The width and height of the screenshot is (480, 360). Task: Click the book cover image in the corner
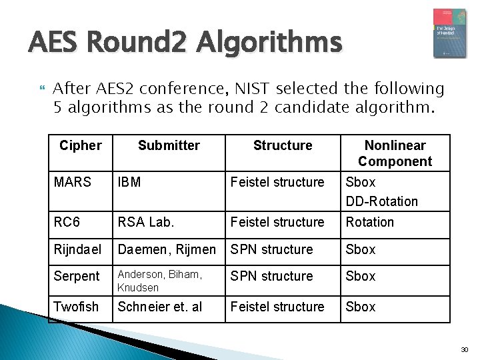pyautogui.click(x=449, y=33)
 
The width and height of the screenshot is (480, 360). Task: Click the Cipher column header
pyautogui.click(x=81, y=145)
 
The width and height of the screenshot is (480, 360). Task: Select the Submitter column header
pyautogui.click(x=169, y=145)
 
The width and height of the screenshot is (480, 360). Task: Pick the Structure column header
pyautogui.click(x=283, y=145)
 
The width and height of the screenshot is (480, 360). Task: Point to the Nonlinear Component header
pyautogui.click(x=395, y=153)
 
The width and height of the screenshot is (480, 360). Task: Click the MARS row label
pyautogui.click(x=72, y=182)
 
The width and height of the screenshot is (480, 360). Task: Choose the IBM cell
pyautogui.click(x=129, y=182)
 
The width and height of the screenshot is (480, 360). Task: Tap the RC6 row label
pyautogui.click(x=67, y=222)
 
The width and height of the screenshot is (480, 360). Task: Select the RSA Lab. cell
pyautogui.click(x=146, y=222)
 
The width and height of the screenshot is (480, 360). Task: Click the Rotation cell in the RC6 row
pyautogui.click(x=370, y=222)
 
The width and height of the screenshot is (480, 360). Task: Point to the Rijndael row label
pyautogui.click(x=78, y=249)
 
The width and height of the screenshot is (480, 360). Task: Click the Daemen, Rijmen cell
pyautogui.click(x=167, y=249)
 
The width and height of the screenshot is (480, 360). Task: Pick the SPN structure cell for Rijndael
pyautogui.click(x=271, y=249)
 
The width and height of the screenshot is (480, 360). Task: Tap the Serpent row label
pyautogui.click(x=77, y=276)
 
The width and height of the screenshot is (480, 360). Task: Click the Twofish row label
pyautogui.click(x=76, y=307)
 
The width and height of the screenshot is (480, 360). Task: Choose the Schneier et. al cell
pyautogui.click(x=160, y=307)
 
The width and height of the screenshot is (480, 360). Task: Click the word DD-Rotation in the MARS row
pyautogui.click(x=382, y=201)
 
